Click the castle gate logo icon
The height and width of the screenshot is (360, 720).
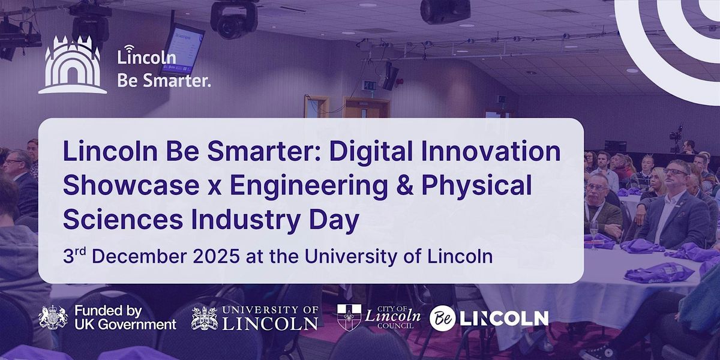click(x=73, y=65)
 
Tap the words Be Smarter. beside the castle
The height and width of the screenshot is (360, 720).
click(x=164, y=81)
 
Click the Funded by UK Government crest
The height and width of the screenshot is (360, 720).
click(x=53, y=317)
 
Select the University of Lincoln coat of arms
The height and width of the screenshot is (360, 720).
click(x=204, y=318)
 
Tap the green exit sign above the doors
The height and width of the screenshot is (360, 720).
click(x=370, y=85)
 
